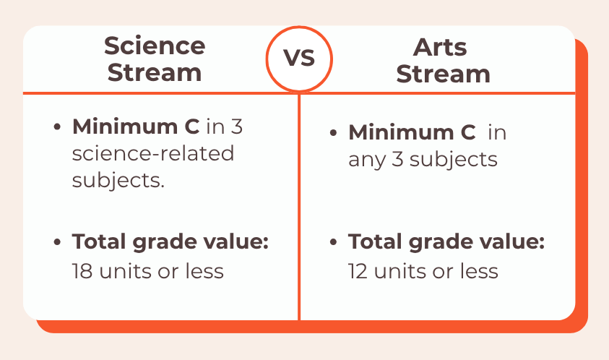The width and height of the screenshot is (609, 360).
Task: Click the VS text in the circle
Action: [x=298, y=58]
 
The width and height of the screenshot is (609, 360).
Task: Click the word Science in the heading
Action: [x=155, y=46]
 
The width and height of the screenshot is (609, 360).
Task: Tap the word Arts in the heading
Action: [x=440, y=48]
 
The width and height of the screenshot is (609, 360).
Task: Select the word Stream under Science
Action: [x=155, y=73]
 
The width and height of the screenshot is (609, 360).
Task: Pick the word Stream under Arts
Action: [x=443, y=74]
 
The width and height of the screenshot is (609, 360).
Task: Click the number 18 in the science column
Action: [x=82, y=271]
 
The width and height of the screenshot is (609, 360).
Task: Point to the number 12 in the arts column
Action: [x=358, y=271]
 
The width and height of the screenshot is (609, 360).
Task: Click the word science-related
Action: [x=153, y=153]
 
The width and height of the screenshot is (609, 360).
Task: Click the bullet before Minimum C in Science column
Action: [x=57, y=127]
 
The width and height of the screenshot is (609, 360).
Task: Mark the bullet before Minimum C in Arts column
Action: [x=333, y=133]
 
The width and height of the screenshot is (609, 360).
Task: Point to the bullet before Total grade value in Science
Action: [x=57, y=242]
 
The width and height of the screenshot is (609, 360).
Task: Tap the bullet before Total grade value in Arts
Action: [x=333, y=242]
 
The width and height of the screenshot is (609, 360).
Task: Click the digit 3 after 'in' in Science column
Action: [x=236, y=127]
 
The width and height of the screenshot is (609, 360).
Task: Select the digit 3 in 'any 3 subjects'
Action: [x=397, y=159]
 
